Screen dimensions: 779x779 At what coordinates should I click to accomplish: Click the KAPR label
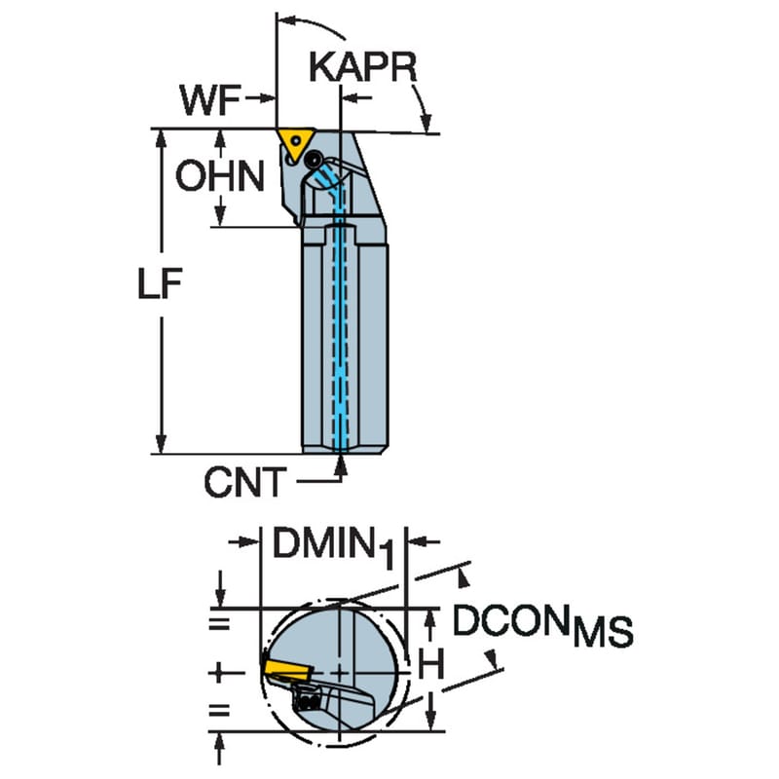pyautogui.click(x=363, y=67)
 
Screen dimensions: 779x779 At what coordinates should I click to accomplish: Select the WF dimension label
pyautogui.click(x=210, y=100)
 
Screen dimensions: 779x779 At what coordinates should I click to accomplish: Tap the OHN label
pyautogui.click(x=220, y=176)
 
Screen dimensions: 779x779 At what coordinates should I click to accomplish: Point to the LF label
pyautogui.click(x=160, y=283)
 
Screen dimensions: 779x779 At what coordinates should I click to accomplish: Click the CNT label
pyautogui.click(x=245, y=482)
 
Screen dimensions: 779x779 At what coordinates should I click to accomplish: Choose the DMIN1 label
pyautogui.click(x=333, y=547)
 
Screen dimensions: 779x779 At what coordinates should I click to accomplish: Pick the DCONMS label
pyautogui.click(x=542, y=625)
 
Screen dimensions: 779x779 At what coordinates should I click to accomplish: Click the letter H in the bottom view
pyautogui.click(x=430, y=665)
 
